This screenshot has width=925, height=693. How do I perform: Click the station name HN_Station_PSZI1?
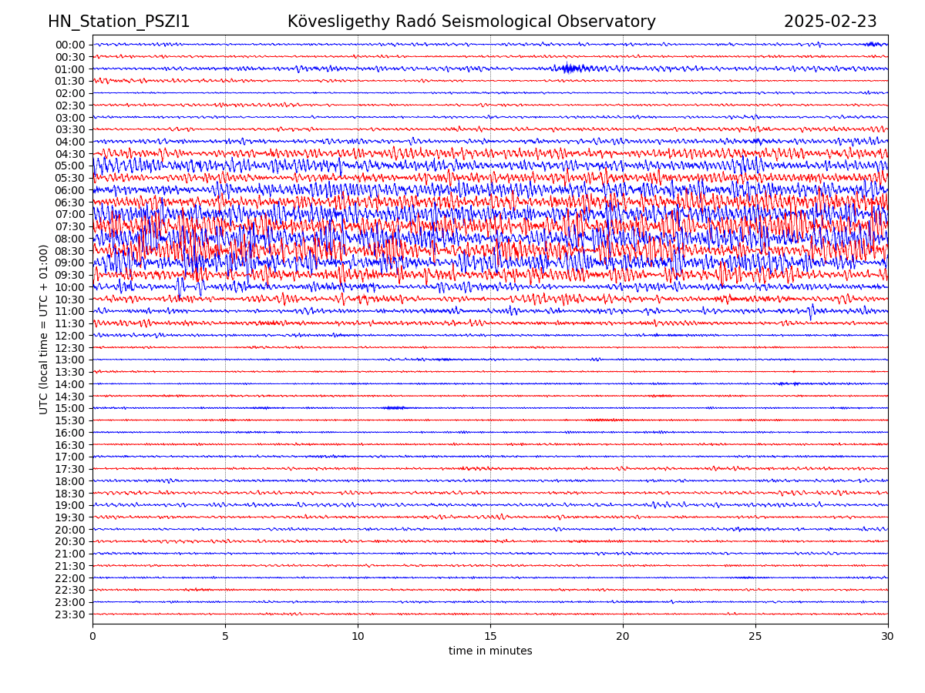point(119,22)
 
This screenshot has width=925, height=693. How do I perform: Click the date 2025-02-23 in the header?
point(830,22)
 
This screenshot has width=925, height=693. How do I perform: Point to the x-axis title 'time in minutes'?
point(490,651)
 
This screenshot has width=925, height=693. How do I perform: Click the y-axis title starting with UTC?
point(44,329)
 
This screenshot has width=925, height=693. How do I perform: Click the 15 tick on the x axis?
point(490,637)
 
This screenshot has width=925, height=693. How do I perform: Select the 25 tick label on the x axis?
point(755,637)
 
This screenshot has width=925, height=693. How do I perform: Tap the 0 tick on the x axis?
point(92,637)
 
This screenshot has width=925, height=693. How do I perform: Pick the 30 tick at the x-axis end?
point(888,637)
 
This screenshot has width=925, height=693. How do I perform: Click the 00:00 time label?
point(69,45)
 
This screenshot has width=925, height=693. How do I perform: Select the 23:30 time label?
point(69,614)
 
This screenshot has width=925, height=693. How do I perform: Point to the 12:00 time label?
point(69,336)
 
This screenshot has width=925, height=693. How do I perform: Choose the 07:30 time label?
point(69,226)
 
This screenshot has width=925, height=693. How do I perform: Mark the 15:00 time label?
point(69,408)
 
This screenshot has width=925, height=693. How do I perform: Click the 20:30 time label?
point(69,541)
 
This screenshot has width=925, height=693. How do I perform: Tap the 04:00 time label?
point(69,142)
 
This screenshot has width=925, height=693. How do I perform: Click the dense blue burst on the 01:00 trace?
point(570,69)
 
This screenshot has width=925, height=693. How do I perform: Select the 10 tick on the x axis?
point(358,637)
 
